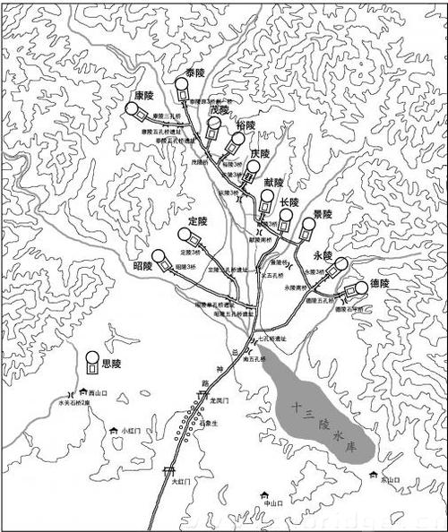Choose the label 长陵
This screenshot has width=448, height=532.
point(289,202)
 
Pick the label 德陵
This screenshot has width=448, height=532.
point(379,283)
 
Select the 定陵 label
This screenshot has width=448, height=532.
point(198,221)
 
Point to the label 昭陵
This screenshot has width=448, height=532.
point(142,266)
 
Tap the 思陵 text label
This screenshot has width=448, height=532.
point(111,365)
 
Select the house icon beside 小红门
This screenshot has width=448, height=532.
point(113,431)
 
